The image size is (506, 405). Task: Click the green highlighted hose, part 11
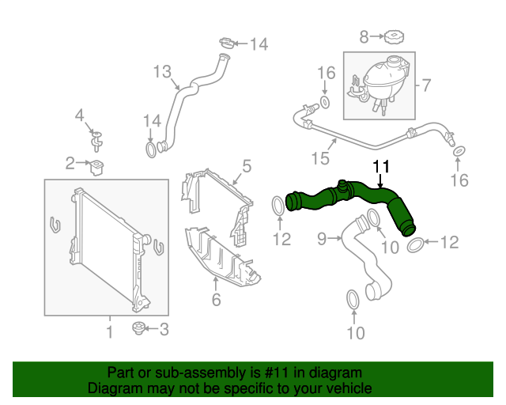click(348, 197)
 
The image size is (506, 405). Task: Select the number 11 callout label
click(381, 166)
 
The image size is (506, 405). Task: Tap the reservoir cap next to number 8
click(393, 36)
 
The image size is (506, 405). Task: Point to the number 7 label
click(425, 85)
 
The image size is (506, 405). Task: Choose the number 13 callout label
click(161, 73)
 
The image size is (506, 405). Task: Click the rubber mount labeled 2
click(100, 166)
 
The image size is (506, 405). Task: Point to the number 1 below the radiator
click(109, 332)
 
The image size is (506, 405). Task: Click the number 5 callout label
click(246, 166)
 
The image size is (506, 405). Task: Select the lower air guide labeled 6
click(221, 257)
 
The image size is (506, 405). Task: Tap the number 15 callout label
click(319, 159)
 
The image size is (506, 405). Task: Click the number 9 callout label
click(323, 237)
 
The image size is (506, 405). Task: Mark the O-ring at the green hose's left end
click(278, 206)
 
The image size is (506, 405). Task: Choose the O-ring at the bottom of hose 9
click(353, 299)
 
